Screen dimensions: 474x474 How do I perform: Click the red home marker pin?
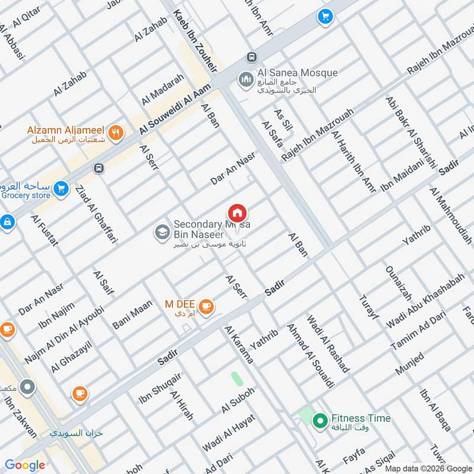click(237, 213)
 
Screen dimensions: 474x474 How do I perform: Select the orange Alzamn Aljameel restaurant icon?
click(116, 133)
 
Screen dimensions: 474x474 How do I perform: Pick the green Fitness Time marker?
click(320, 421)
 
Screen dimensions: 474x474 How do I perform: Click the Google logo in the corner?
click(25, 465)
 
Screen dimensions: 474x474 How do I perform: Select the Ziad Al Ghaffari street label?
click(95, 214)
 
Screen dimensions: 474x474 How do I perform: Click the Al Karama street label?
click(239, 344)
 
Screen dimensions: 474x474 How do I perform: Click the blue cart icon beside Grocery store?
click(60, 189)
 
